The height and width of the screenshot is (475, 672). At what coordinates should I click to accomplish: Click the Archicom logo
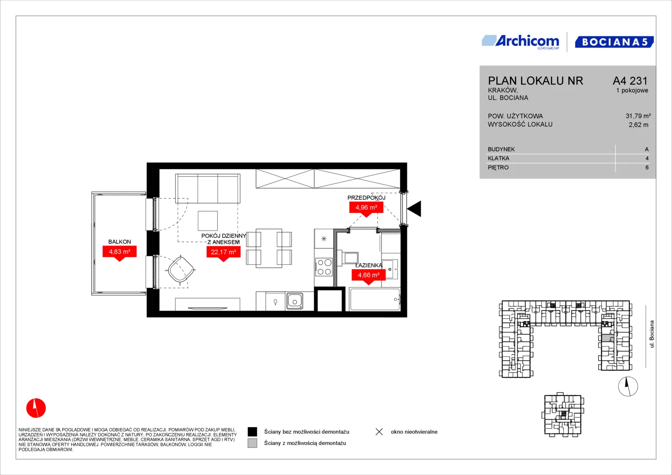(521, 42)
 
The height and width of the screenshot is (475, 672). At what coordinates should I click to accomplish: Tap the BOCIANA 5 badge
(614, 42)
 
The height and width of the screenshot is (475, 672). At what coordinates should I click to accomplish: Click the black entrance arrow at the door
(414, 208)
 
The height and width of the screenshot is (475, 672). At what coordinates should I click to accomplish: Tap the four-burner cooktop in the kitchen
(324, 267)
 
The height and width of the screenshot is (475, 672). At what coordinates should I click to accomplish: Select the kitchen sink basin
(294, 301)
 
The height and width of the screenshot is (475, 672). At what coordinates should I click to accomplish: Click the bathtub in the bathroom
(375, 299)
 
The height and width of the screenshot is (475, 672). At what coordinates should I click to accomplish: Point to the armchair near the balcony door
(181, 269)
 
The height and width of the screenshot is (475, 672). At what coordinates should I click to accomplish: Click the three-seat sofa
(208, 189)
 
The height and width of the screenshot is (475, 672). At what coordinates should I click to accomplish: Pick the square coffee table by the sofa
(208, 221)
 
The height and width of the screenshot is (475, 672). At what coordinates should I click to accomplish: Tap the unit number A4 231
(630, 80)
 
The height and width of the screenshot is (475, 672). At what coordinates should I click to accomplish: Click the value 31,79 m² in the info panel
(638, 116)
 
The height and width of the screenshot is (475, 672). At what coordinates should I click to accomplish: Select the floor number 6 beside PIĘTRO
(647, 168)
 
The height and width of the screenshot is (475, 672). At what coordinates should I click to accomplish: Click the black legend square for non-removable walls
(252, 432)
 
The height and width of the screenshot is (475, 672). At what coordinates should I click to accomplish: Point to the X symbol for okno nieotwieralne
(379, 432)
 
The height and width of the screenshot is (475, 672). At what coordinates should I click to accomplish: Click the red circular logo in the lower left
(36, 408)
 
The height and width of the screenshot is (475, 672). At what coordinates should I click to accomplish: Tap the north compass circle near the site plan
(628, 387)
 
